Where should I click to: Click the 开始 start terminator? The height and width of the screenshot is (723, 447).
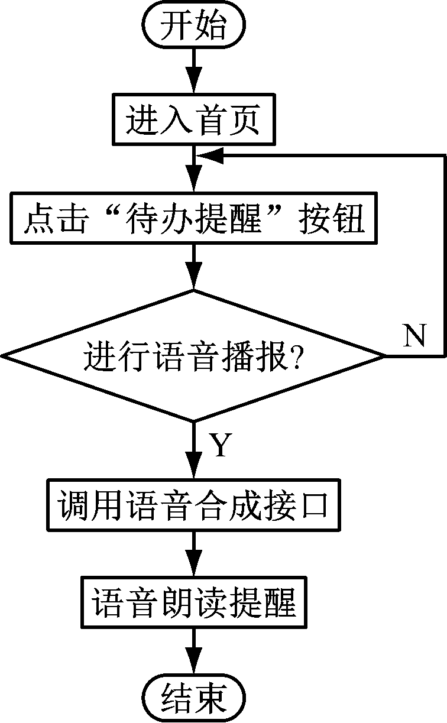coord(194,27)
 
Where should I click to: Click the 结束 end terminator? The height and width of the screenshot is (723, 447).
coord(194,699)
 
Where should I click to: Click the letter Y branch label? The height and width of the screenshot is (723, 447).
coord(220,446)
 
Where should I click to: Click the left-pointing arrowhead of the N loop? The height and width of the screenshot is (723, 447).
coord(210,155)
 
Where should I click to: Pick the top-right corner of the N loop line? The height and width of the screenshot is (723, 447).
coord(443,155)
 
